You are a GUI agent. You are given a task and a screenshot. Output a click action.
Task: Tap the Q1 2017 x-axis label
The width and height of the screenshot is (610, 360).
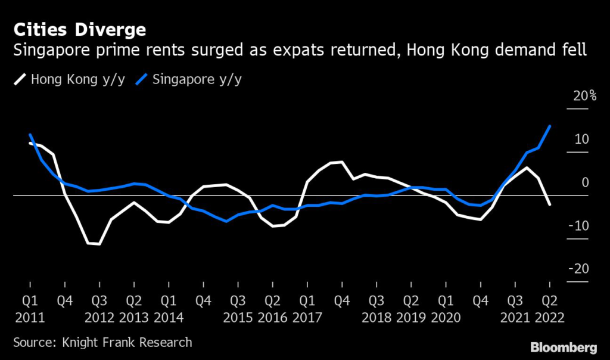tap(307, 308)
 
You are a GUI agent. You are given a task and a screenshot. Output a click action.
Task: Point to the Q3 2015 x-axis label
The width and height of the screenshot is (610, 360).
tap(238, 308)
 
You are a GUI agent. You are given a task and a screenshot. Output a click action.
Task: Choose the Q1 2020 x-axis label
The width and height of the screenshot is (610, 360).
tap(445, 308)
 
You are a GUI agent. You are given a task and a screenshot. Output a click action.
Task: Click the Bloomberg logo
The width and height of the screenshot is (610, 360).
tap(564, 346)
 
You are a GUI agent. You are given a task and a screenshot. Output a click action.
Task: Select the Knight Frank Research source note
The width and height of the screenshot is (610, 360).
tap(102, 342)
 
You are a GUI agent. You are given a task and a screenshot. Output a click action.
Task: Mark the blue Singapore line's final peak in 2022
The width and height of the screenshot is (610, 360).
tap(549, 126)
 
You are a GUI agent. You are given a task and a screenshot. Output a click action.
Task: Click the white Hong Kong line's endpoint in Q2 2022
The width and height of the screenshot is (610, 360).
tap(549, 204)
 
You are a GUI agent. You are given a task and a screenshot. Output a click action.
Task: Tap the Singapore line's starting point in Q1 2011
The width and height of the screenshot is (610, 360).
tap(30, 135)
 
